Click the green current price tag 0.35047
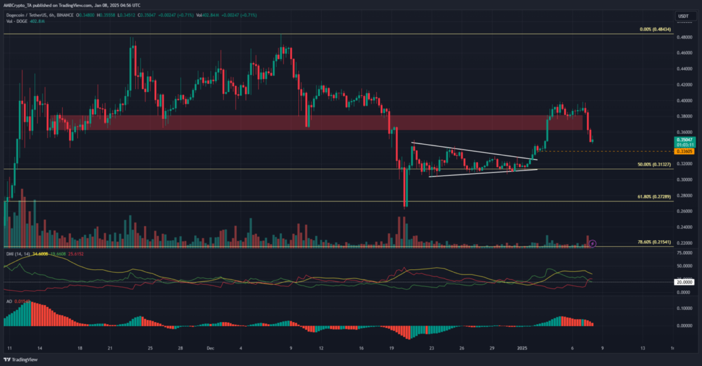click(684, 141)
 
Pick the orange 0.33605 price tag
click(684, 152)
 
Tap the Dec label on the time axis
click(209, 348)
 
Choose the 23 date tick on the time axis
click(431, 348)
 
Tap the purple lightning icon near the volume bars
click(593, 242)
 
